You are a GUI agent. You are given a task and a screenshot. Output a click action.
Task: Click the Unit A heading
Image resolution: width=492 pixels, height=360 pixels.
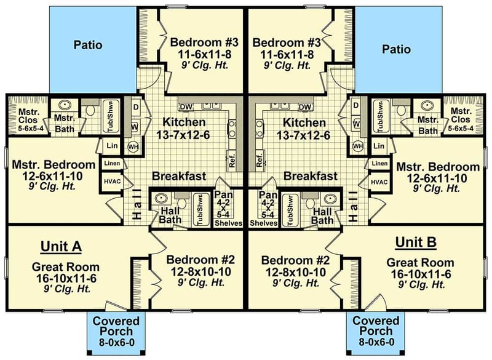point(61,246)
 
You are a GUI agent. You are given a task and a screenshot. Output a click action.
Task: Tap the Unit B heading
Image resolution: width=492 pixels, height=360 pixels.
point(416,242)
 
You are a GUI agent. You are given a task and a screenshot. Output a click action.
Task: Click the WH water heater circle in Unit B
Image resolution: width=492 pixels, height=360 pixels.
point(359,146)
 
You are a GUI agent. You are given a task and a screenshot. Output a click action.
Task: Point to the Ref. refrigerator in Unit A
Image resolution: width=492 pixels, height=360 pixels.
point(232,160)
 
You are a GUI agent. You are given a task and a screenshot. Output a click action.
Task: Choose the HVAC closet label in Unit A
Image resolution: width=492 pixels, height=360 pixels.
point(113,182)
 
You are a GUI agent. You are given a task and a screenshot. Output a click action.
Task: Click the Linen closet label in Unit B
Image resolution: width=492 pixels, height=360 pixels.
point(379,164)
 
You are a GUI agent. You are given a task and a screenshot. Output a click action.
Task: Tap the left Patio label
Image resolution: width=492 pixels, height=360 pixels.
point(88,45)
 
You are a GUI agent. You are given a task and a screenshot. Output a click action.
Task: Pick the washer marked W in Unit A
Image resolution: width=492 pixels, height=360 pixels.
point(135,127)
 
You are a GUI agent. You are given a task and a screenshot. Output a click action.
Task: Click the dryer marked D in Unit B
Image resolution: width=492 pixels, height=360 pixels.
point(356,106)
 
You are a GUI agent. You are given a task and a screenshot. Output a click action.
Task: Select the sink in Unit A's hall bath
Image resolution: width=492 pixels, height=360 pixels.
point(161,199)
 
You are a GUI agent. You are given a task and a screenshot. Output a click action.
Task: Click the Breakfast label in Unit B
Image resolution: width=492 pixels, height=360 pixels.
point(311,176)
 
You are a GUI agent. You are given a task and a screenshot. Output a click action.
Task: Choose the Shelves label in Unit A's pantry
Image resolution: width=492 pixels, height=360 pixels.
point(228,223)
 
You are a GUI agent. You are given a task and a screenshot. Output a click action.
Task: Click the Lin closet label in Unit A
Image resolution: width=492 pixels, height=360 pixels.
point(112,146)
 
